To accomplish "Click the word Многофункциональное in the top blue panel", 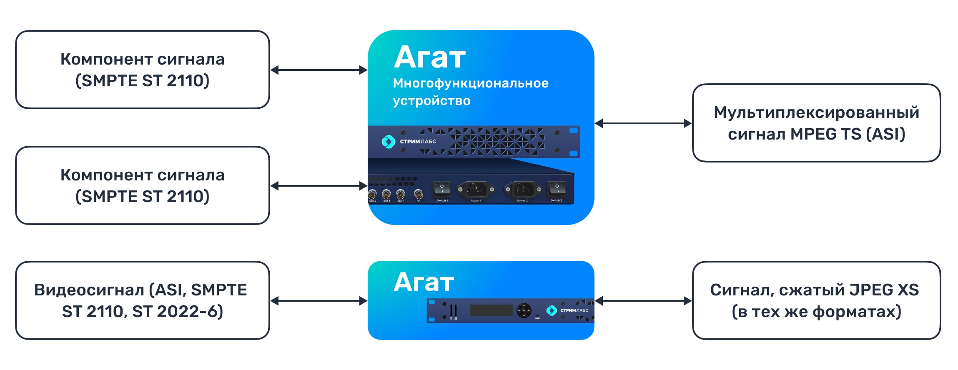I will pos(470,83).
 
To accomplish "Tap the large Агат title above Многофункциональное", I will pos(430,57).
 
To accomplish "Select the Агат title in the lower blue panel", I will pos(424,282).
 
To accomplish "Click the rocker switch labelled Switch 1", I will pos(442,190).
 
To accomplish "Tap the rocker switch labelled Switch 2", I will pos(556,189).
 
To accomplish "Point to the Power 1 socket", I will pos(475,190).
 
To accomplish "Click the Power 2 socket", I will pos(523,190).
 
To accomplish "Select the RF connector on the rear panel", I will pos(418,194).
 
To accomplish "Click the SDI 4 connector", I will pos(400,194).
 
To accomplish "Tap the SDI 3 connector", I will pos(386,194).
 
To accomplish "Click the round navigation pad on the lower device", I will pos(524,310).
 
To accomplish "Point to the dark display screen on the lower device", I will pos(491,310).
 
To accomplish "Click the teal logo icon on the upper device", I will pos(388,142).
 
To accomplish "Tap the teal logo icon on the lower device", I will pos(551,310).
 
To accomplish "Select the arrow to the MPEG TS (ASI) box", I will pos(643,123).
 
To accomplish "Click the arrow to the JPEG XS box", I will pos(643,301).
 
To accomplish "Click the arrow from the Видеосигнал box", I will pos(319,301).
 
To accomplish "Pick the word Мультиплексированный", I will pos(816,112).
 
